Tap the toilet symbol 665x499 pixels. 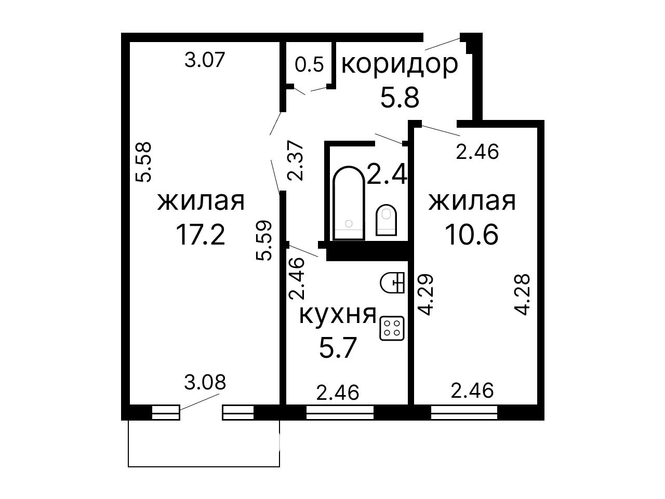click(386, 220)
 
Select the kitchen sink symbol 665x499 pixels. click(392, 282)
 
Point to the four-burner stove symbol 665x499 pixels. click(392, 328)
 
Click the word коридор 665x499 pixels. click(400, 64)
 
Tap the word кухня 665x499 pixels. click(338, 315)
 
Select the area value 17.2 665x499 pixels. click(200, 234)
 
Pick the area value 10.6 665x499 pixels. click(471, 234)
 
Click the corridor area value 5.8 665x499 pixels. click(400, 98)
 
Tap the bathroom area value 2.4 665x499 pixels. click(387, 174)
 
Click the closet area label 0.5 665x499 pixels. click(309, 64)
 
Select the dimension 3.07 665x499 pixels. click(205, 60)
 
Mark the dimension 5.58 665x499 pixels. click(143, 162)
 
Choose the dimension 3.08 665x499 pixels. click(205, 382)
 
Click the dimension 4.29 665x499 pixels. click(425, 294)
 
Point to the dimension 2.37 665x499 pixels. click(296, 160)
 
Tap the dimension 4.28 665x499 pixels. click(522, 294)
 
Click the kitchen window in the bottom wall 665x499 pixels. click(340, 412)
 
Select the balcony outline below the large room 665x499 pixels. click(204, 466)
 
